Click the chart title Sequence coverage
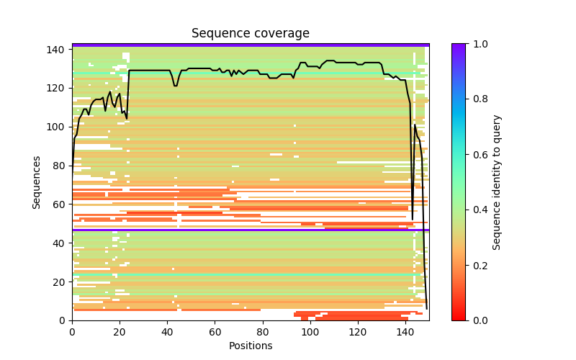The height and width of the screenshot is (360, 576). tap(250, 33)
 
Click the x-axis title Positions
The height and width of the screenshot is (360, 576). tap(250, 346)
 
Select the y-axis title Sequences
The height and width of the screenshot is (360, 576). tap(37, 182)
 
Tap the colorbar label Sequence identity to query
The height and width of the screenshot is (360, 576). tap(497, 182)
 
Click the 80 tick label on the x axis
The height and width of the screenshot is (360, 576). tap(262, 332)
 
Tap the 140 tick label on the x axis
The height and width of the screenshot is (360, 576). tap(405, 332)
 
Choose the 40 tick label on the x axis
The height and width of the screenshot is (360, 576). tap(167, 332)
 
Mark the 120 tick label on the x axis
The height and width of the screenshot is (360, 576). tap(358, 332)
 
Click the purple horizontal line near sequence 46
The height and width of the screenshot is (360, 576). tap(250, 230)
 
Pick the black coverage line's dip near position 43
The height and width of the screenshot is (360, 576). tap(175, 86)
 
